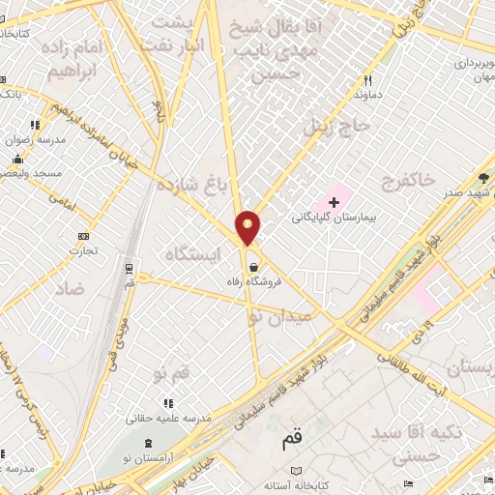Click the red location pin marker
point(248,227)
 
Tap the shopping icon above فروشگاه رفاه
point(253,267)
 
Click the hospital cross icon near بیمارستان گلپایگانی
point(335,202)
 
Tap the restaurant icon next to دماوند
point(367,81)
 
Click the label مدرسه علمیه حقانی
point(164,419)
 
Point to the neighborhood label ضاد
point(70,289)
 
